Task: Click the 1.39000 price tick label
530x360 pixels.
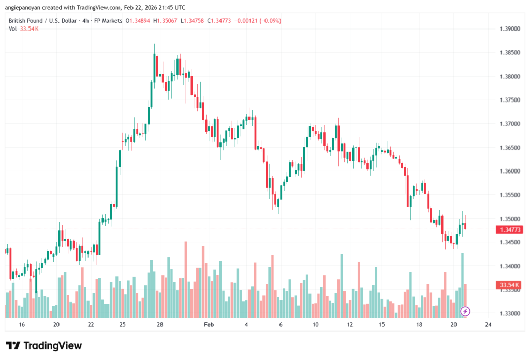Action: pyautogui.click(x=508, y=29)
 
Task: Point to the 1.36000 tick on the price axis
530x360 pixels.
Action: pyautogui.click(x=508, y=171)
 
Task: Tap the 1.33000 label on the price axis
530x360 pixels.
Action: pyautogui.click(x=508, y=314)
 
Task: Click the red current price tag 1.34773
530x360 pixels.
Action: pyautogui.click(x=508, y=229)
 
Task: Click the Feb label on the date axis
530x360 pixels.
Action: pyautogui.click(x=209, y=325)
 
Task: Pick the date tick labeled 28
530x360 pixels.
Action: pyautogui.click(x=160, y=325)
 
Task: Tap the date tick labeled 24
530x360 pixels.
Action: pyautogui.click(x=488, y=325)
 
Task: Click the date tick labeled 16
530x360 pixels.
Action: pyautogui.click(x=22, y=325)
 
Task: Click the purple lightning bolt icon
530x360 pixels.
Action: pyautogui.click(x=465, y=311)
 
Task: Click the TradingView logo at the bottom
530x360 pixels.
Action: pyautogui.click(x=43, y=345)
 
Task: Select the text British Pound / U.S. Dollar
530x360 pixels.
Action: pyautogui.click(x=42, y=21)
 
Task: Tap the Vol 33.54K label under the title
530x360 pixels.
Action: pyautogui.click(x=24, y=28)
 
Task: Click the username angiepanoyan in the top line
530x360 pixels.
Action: pyautogui.click(x=26, y=8)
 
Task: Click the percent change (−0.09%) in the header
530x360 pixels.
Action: pyautogui.click(x=270, y=21)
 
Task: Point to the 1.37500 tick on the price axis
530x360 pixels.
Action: pyautogui.click(x=508, y=100)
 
